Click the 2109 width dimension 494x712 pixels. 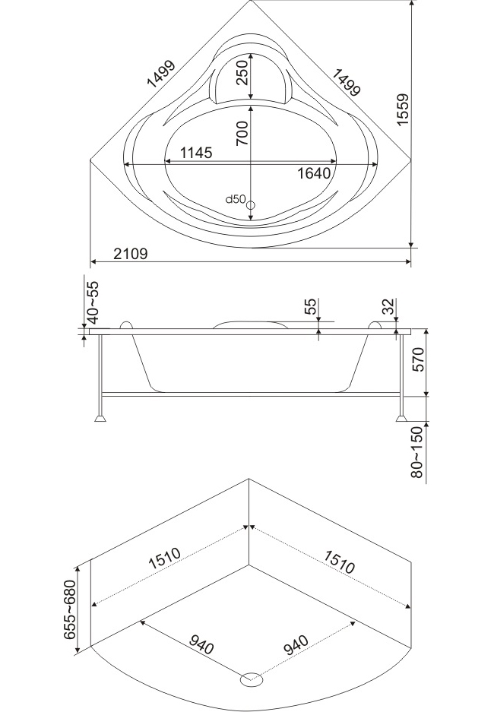click(130, 253)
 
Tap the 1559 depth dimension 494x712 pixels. click(403, 109)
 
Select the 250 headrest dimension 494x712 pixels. click(242, 72)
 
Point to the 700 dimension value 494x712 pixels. click(242, 132)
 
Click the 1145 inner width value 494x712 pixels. click(196, 153)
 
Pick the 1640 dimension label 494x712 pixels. click(314, 173)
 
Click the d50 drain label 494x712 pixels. click(236, 198)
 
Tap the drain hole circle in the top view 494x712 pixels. click(251, 205)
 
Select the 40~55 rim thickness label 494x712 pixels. click(92, 302)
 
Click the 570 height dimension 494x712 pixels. click(418, 359)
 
